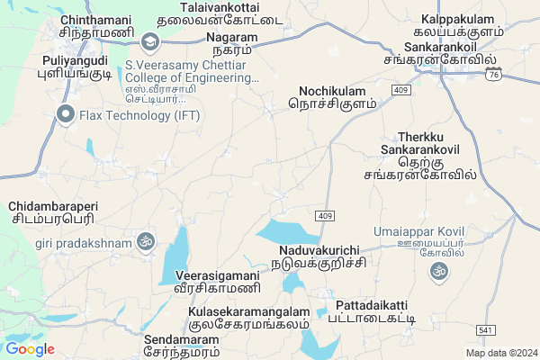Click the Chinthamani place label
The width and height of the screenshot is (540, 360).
[x=94, y=25]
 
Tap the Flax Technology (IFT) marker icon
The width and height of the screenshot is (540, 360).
[x=64, y=113]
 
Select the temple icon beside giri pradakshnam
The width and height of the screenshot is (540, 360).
[x=145, y=241]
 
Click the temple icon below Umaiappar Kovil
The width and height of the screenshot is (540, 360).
[x=439, y=271]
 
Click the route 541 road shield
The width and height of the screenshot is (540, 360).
[x=485, y=330]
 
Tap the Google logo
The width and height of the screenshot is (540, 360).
[x=30, y=349]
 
